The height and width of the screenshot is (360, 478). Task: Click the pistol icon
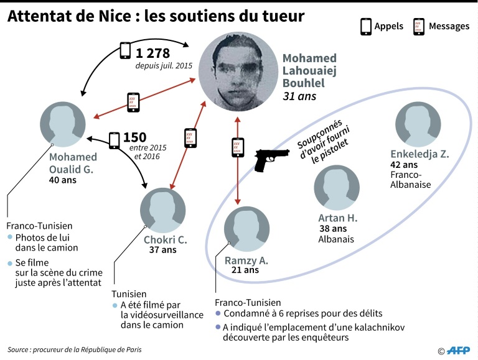(271, 160)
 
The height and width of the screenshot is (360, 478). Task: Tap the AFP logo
(458, 351)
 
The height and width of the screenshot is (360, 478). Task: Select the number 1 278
(152, 53)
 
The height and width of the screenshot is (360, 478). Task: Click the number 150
(134, 137)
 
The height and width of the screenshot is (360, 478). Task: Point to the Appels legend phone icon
(366, 27)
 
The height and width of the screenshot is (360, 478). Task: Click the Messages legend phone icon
(419, 27)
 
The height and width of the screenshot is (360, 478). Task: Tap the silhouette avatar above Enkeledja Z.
(418, 124)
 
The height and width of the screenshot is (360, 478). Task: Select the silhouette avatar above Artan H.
(337, 188)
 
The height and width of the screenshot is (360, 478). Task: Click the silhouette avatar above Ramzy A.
(246, 229)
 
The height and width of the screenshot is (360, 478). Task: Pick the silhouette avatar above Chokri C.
(163, 210)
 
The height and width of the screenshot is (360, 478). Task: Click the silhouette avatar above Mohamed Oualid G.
(63, 124)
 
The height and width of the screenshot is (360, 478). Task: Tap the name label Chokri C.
(165, 240)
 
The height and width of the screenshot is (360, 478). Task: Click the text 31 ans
(299, 96)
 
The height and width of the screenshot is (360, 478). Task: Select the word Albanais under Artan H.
(336, 239)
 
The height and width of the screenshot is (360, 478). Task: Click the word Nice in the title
(115, 16)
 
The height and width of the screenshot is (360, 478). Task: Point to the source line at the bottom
(75, 349)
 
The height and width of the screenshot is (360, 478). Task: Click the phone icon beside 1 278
(125, 50)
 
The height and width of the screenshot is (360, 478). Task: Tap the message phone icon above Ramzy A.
(238, 148)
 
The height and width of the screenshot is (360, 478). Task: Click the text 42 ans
(404, 165)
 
